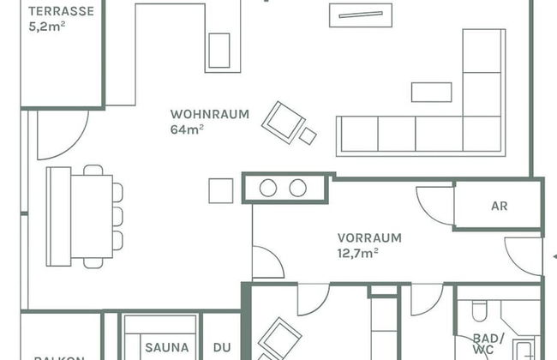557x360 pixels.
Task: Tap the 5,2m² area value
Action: (47, 26)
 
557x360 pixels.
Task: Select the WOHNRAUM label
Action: (209, 114)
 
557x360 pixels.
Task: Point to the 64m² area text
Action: (187, 129)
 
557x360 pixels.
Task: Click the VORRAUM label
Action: (368, 237)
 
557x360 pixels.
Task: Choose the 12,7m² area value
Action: (358, 252)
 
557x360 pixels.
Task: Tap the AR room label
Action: (499, 207)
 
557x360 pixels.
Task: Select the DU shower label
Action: (222, 348)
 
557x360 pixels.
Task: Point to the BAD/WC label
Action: (488, 344)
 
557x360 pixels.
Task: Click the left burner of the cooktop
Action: (268, 188)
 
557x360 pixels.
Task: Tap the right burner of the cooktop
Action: (298, 188)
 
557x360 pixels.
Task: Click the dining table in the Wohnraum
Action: (91, 215)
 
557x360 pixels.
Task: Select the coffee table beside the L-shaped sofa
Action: (431, 92)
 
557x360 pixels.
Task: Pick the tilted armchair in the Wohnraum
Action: (281, 121)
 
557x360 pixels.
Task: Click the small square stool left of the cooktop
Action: (220, 189)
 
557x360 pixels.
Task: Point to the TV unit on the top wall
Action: (360, 15)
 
